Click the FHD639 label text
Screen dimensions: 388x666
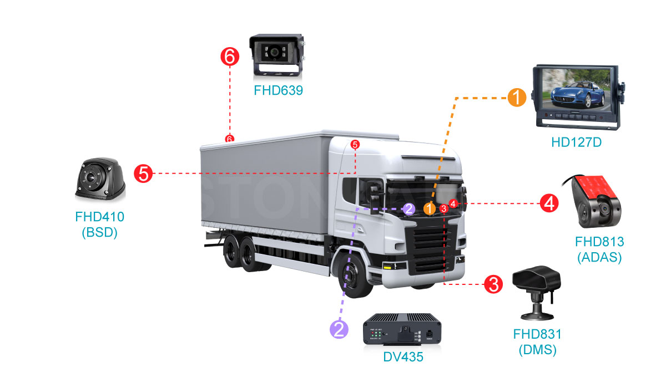coord(279,90)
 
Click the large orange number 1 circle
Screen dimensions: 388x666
coord(517,98)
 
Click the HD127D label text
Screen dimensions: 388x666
coord(577,142)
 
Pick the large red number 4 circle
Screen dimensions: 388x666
coord(549,203)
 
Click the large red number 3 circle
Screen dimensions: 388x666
coord(493,285)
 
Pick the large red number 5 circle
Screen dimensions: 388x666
coord(143,174)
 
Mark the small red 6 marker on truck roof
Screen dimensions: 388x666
coord(229,139)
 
